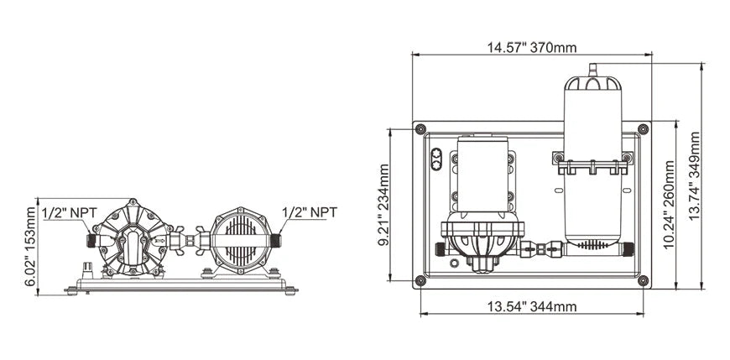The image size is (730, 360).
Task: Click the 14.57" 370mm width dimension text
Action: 531,48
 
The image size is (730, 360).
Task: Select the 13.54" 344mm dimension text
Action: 532,306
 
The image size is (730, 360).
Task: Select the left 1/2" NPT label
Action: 69,212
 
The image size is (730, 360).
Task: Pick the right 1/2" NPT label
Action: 310,212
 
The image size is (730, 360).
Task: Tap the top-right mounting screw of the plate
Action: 643,129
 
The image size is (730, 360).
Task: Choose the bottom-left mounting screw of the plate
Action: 420,280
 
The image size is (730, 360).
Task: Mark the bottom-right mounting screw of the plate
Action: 643,280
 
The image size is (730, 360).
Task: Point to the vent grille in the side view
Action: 242,237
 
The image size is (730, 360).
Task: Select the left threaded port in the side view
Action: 89,240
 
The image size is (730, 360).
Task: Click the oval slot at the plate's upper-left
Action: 436,159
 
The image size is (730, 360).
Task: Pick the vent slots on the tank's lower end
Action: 594,245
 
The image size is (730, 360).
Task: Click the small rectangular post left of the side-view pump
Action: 86,270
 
